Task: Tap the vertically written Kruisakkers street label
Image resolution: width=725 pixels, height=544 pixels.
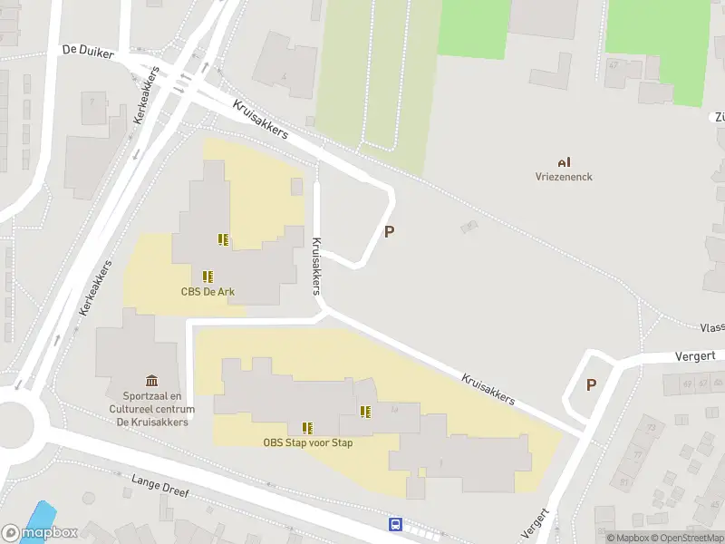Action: click(x=316, y=266)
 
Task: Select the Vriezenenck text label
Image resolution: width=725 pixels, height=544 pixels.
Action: click(x=564, y=177)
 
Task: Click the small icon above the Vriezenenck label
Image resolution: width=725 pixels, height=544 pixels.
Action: click(x=564, y=161)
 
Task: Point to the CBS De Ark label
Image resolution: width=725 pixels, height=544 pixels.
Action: click(x=208, y=291)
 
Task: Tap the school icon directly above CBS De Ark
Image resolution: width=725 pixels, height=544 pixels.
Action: click(x=208, y=276)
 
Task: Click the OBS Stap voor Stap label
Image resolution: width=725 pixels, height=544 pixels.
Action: click(x=308, y=442)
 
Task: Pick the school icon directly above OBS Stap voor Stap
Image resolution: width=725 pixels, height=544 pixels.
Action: click(x=308, y=427)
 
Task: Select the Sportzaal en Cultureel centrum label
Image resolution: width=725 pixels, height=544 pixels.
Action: click(x=152, y=408)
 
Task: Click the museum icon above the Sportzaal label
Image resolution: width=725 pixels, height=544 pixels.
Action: click(x=151, y=382)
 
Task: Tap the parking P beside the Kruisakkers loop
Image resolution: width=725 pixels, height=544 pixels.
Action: click(x=390, y=231)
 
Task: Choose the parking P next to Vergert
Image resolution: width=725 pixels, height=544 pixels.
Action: click(x=591, y=384)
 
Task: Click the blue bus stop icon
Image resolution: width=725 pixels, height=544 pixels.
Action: click(x=395, y=524)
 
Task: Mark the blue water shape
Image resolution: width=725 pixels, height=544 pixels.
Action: click(x=39, y=513)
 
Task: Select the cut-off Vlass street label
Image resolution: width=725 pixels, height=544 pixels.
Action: click(x=711, y=327)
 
